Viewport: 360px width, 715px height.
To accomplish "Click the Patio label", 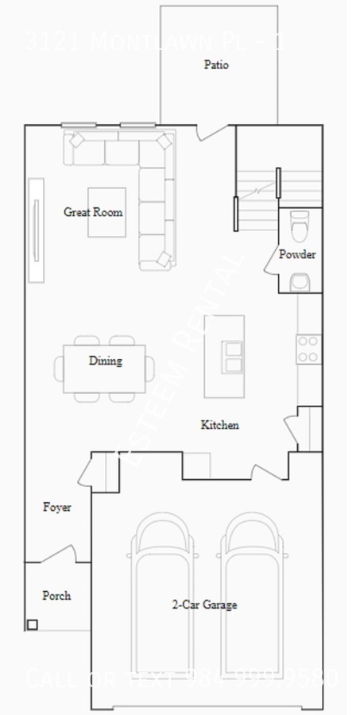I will coord(216,65).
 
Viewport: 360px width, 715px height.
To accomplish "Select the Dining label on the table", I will coord(105,361).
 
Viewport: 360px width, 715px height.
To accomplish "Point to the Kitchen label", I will coord(219,425).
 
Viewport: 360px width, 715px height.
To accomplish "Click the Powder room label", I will coord(297,254).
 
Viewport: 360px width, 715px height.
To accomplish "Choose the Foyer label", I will coord(56,507).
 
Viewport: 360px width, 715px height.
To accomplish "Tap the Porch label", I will coord(56,595).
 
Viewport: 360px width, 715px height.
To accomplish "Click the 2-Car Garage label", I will coord(204,605).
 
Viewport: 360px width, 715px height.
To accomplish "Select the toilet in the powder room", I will coord(300,226).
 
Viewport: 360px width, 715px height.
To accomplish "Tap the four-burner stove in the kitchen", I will coord(308,350).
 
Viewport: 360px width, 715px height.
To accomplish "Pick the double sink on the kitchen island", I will coord(233,357).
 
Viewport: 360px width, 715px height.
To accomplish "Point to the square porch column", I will coord(32,624).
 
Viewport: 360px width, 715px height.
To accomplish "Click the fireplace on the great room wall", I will coord(36,230).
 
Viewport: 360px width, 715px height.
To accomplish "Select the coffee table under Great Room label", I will coord(106,212).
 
